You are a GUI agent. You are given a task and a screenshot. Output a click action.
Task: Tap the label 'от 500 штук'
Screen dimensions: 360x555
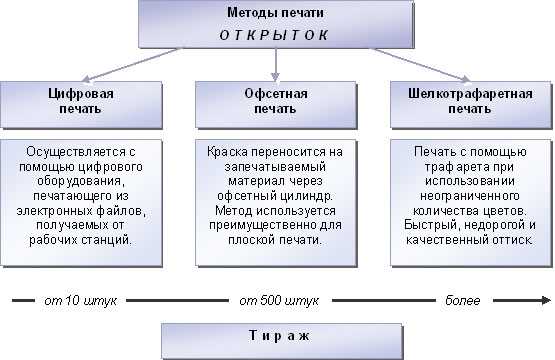click(277, 301)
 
